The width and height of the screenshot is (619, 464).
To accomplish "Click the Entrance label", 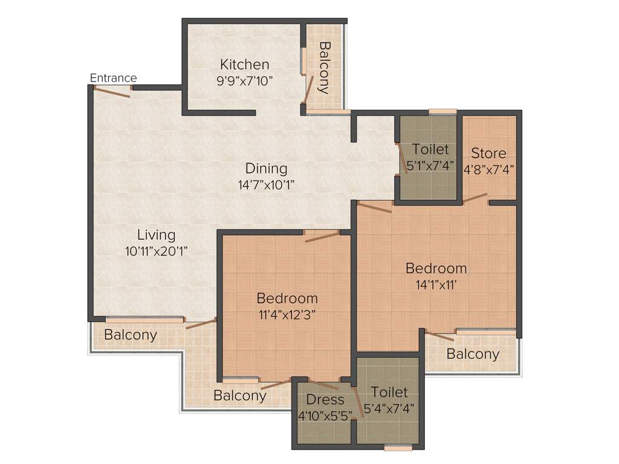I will point(113,78).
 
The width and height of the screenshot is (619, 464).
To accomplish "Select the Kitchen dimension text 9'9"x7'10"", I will point(244,80).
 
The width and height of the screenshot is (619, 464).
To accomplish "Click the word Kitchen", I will point(244,65).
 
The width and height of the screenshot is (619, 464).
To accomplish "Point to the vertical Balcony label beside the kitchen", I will point(324,68).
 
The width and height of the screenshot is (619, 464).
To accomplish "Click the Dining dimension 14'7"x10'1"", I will point(266,185).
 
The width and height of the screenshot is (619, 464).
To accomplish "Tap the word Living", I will point(156,235).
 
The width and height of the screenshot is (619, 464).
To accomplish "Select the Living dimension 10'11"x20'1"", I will point(156,252).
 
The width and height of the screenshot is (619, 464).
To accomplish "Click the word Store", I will point(488,153).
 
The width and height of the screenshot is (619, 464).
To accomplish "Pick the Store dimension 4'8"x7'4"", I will point(488,169).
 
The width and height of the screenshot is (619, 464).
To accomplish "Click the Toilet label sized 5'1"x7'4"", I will point(430,149).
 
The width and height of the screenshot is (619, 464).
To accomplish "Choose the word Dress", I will point(325,399).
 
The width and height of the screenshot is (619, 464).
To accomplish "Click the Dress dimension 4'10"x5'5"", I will point(325,416).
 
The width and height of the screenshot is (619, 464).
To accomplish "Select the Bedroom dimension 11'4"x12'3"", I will point(287,314).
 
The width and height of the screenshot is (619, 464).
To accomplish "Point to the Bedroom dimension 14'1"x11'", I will point(436,285).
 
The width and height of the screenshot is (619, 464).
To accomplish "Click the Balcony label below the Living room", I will point(131,335).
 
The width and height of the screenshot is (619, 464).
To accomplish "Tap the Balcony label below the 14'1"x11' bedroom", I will point(473,354).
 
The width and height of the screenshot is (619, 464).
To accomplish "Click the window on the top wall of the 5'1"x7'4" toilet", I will point(442,111).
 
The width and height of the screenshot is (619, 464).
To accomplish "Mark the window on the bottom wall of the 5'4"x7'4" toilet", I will point(398,448).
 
